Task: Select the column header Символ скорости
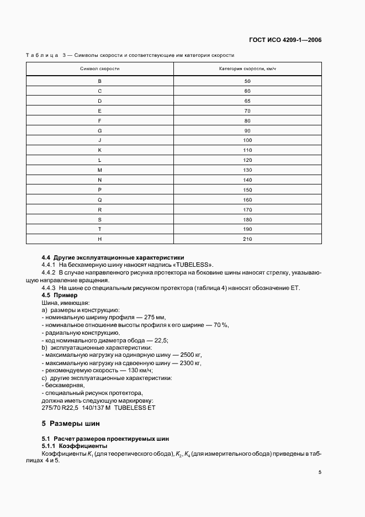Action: click(100, 69)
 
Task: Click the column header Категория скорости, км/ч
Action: click(247, 69)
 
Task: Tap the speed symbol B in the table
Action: click(100, 81)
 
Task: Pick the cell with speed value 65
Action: click(247, 101)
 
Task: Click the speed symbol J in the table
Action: click(100, 140)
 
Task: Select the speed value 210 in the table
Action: click(247, 239)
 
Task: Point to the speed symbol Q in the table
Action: click(100, 199)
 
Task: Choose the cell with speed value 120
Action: click(247, 160)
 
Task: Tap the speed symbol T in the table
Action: click(100, 229)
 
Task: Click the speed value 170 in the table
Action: click(247, 209)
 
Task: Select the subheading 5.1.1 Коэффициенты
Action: click(75, 446)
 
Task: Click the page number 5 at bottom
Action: click(320, 472)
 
